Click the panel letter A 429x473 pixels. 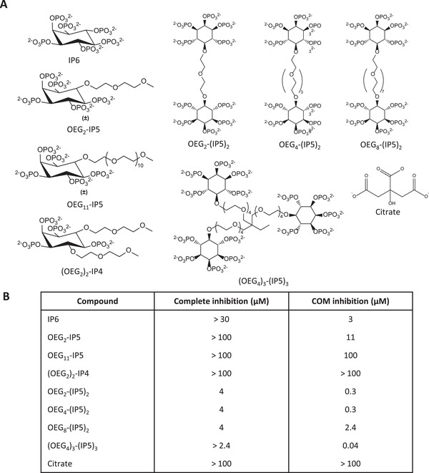coord(6,6)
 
